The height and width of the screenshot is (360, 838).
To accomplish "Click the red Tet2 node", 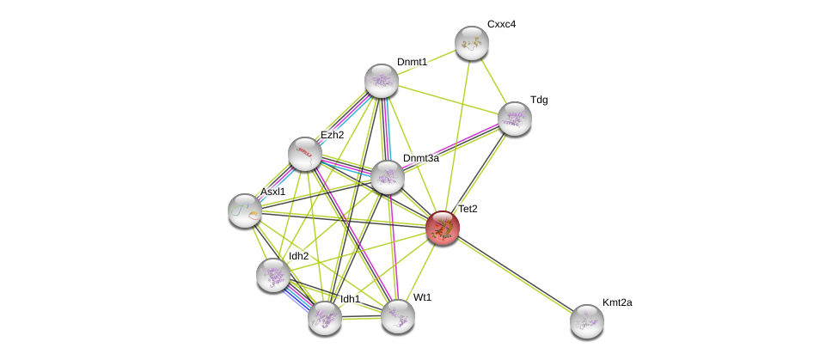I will point(443,228).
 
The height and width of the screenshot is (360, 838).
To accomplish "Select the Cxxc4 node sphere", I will point(472,43).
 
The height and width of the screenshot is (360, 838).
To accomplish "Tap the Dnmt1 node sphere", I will point(382,81).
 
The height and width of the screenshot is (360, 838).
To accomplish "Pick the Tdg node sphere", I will point(515,119).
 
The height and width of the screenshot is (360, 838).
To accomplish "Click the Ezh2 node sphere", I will point(305,154).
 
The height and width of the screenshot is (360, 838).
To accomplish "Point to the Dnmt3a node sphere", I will point(388,177).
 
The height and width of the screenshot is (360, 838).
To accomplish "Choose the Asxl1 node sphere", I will point(245,211).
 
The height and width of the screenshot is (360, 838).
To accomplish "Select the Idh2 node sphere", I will point(273,275).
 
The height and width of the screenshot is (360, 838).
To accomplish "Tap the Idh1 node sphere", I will point(325,317).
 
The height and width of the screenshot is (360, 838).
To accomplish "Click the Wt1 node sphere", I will point(398,315).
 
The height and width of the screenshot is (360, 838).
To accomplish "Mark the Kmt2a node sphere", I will point(587,321).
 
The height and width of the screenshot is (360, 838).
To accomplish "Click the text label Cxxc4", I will point(501,24).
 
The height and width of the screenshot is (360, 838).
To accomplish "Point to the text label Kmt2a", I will point(617,302).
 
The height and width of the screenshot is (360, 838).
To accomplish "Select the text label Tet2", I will point(468,209).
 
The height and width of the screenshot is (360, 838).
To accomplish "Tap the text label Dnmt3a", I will point(421,158).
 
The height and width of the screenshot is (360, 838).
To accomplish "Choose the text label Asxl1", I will point(272,192).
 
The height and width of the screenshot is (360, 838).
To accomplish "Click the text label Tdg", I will point(539,100).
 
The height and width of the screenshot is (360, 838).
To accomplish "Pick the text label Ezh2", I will point(332,135).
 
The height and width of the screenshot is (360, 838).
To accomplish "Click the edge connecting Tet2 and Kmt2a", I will point(515,275).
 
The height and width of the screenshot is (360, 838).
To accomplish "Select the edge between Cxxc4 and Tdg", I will point(493,81).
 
